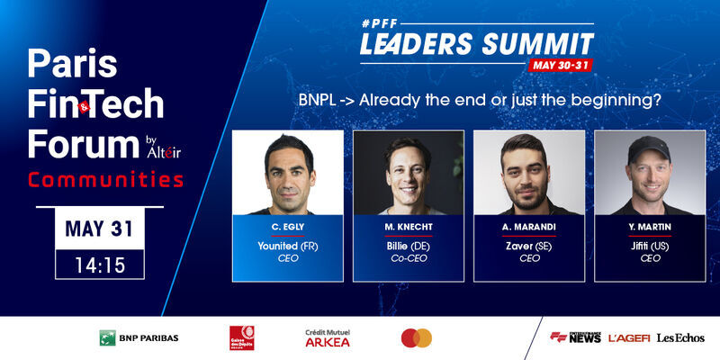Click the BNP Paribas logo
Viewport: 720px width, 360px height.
click(x=139, y=337)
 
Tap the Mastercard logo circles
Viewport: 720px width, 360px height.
click(x=417, y=337)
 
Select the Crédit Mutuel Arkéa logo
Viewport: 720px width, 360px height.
click(x=328, y=338)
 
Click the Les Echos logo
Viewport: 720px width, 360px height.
click(x=680, y=337)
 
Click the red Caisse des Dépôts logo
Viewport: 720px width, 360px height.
click(x=241, y=337)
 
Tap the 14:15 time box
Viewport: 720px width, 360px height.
click(x=100, y=265)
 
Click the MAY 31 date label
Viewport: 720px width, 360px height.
click(x=100, y=229)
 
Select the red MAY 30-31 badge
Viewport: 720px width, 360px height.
click(x=562, y=65)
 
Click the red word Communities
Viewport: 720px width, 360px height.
click(x=106, y=179)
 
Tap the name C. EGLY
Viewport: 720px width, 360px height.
click(x=287, y=228)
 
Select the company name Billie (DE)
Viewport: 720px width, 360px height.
click(x=408, y=244)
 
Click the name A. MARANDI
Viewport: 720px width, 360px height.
click(x=528, y=228)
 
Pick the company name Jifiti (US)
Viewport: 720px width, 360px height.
click(x=649, y=244)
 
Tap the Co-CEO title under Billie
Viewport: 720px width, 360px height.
click(x=408, y=258)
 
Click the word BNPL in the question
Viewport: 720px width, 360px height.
click(x=317, y=100)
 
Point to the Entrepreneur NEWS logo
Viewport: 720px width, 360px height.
click(x=575, y=337)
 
